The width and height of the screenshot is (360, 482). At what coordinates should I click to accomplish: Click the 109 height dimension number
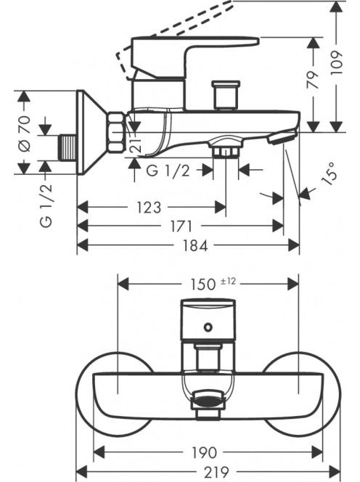click(337, 62)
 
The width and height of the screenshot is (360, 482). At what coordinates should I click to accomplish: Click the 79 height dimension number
click(314, 80)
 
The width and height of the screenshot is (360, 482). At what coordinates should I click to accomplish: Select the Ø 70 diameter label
click(25, 133)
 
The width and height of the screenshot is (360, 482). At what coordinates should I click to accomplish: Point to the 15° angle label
click(329, 173)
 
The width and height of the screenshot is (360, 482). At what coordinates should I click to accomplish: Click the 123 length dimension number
click(149, 208)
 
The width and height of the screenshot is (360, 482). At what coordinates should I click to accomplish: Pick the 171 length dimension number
click(181, 227)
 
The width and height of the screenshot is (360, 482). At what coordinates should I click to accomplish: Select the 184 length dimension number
click(195, 245)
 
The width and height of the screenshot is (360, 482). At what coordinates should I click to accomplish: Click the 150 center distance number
click(203, 285)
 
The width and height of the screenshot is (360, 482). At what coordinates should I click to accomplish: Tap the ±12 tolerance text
click(228, 281)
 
